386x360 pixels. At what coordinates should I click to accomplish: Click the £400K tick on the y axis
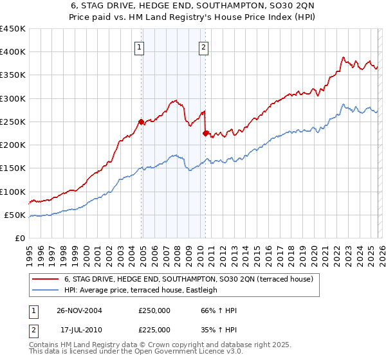coord(13,52)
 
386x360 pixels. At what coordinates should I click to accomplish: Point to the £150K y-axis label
coord(13,168)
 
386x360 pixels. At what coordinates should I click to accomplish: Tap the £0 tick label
coord(21,238)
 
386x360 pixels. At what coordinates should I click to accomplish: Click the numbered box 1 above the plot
coord(140,46)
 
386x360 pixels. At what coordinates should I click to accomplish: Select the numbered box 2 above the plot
coord(203,46)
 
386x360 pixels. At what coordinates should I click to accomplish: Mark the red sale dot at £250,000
coord(142,122)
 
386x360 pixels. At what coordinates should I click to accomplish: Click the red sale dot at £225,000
coord(205,133)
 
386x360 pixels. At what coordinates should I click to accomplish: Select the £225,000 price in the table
coord(154,329)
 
